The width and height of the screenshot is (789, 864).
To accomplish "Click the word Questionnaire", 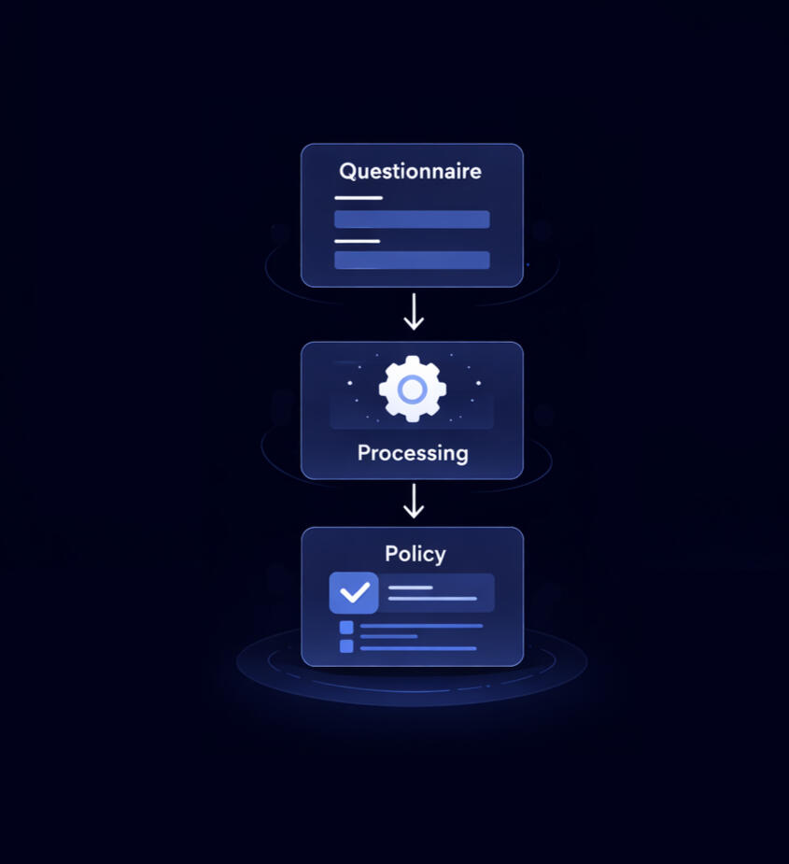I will pyautogui.click(x=411, y=172).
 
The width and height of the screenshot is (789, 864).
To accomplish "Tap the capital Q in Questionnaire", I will pyautogui.click(x=347, y=172).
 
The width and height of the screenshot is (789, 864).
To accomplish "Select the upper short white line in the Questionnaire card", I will pyautogui.click(x=359, y=198).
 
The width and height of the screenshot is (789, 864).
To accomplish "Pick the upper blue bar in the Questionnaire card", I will pyautogui.click(x=412, y=220).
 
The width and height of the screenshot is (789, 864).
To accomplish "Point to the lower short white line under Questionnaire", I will pyautogui.click(x=358, y=241).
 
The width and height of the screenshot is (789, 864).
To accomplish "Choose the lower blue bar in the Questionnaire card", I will pyautogui.click(x=412, y=260).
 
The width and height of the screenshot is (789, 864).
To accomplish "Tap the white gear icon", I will pyautogui.click(x=412, y=387).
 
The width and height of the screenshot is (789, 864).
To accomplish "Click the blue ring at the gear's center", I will pyautogui.click(x=412, y=388).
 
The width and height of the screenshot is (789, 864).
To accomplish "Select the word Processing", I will pyautogui.click(x=412, y=454).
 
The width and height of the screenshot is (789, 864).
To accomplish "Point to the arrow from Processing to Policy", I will pyautogui.click(x=413, y=502).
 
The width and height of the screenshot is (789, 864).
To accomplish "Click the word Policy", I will pyautogui.click(x=415, y=554).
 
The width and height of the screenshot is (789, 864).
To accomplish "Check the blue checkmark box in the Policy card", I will pyautogui.click(x=354, y=592).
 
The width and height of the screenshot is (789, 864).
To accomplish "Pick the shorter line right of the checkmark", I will pyautogui.click(x=411, y=588).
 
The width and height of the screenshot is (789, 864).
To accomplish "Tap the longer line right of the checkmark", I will pyautogui.click(x=432, y=599).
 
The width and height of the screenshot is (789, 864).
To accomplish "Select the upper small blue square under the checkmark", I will pyautogui.click(x=346, y=627).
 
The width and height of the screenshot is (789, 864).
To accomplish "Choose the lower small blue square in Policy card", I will pyautogui.click(x=346, y=646).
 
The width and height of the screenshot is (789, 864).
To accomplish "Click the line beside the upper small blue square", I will pyautogui.click(x=421, y=626).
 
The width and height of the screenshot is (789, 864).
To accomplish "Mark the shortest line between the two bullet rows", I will pyautogui.click(x=388, y=637).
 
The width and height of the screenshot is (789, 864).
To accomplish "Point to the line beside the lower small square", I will pyautogui.click(x=418, y=648).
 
